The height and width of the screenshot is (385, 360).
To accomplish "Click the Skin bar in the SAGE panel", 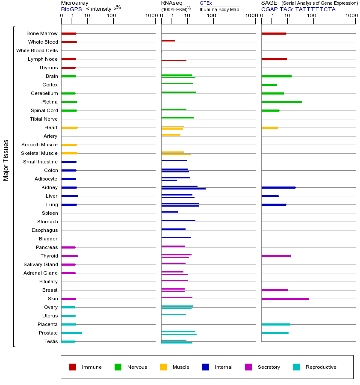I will click(x=285, y=299).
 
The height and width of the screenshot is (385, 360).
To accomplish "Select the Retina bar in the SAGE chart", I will click(x=281, y=102).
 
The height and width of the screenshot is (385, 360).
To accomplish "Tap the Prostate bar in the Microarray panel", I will click(x=71, y=333).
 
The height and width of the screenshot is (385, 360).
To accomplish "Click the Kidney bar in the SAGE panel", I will click(x=278, y=187).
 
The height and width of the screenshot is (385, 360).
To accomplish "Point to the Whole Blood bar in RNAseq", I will click(x=168, y=41).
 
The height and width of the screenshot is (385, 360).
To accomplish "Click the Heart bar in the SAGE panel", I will click(x=269, y=127).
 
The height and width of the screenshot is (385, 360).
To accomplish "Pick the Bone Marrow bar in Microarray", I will click(x=69, y=33).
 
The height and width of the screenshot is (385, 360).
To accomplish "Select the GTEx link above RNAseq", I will click(x=206, y=3).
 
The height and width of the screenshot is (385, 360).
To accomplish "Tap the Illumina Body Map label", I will click(x=219, y=9).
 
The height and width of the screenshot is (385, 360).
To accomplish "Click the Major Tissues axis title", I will click(x=6, y=160).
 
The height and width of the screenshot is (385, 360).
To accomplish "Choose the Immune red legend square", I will click(x=73, y=367).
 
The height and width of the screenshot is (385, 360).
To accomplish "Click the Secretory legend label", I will click(x=269, y=367).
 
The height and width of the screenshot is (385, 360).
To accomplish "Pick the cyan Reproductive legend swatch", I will click(x=296, y=367).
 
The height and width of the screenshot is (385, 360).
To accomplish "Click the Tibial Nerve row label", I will click(x=44, y=119).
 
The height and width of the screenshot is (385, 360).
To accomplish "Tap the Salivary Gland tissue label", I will click(x=41, y=264).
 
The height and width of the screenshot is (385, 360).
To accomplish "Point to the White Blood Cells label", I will click(x=37, y=50).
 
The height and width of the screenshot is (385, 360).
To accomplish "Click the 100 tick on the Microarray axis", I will click(x=112, y=16).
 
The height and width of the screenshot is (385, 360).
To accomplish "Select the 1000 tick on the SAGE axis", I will click(x=351, y=16).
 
